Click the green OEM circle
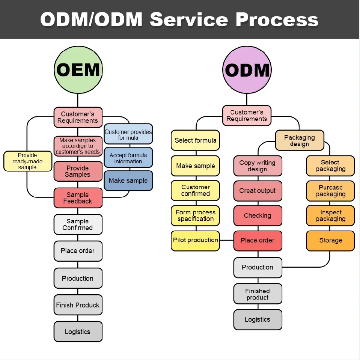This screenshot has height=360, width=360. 78,70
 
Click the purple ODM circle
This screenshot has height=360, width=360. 247,70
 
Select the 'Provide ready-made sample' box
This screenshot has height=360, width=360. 27,161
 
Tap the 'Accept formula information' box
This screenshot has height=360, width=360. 128,158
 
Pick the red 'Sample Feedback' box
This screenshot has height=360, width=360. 78,198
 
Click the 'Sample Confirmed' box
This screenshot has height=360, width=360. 78,224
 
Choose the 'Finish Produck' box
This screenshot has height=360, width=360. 78,305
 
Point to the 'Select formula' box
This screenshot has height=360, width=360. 195,140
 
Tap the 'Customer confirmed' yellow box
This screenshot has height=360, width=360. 195,190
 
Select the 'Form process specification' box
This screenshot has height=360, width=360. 195,215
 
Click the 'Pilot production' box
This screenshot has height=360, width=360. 195,240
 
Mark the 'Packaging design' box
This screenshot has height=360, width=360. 299,141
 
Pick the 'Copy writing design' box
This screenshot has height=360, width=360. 258,166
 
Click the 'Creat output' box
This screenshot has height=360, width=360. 258,191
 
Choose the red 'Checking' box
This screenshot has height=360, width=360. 258,215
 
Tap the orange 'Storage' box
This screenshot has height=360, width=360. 330,241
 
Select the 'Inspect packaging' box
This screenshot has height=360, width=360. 330,215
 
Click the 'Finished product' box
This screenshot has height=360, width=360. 258,294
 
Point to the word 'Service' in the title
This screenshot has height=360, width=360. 189,19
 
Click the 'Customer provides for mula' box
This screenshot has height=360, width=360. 128,134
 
